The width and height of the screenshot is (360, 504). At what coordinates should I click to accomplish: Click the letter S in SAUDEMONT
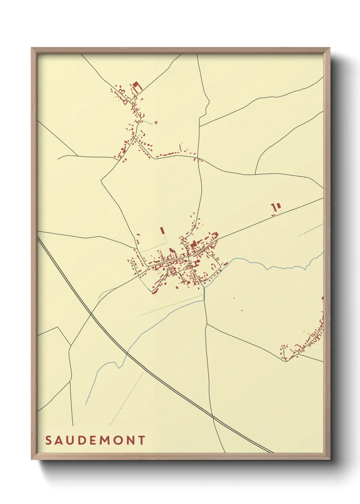pos(48,440)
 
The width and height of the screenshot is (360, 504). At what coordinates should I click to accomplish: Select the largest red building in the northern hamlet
pos(135,85)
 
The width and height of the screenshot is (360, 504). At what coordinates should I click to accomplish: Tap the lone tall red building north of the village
pos(162,230)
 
